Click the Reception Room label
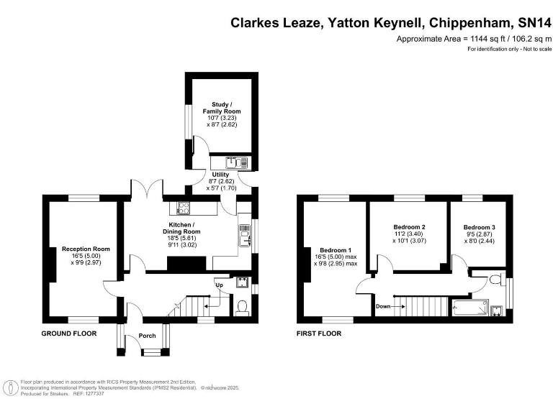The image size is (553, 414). (86, 249)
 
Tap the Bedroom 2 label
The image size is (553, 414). (409, 227)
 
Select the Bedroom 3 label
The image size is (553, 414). (480, 227)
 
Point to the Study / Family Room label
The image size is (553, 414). (222, 108)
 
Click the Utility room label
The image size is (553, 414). (220, 175)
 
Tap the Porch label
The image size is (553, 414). (147, 336)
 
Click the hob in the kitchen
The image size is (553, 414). (183, 208)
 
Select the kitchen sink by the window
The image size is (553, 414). (245, 236)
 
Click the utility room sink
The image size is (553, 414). (237, 162)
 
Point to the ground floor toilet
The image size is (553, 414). (242, 306)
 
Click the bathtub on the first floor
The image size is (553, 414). (470, 308)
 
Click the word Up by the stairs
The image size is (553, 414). (219, 285)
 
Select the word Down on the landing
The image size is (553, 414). (383, 306)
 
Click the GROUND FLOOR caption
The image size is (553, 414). (69, 333)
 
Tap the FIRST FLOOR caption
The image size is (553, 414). (319, 333)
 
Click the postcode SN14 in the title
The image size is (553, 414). (534, 23)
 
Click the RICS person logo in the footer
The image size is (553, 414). (11, 388)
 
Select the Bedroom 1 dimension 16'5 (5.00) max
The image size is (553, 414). (336, 257)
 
